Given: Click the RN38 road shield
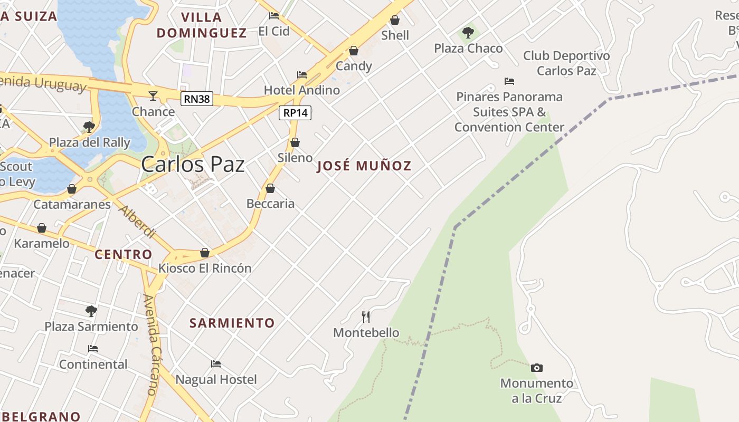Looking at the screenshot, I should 196,99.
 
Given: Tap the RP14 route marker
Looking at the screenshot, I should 295,112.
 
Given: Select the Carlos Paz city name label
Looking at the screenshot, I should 193,165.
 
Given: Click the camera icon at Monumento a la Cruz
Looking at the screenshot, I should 536,368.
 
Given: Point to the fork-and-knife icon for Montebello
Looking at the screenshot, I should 365,316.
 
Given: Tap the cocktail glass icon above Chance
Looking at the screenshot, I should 153,95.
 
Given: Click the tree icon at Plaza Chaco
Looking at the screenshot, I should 468,33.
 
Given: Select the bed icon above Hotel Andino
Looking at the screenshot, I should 302,74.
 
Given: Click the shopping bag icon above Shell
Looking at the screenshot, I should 395,20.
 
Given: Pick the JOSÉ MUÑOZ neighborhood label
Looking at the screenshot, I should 364,166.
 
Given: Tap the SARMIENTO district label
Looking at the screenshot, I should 232,323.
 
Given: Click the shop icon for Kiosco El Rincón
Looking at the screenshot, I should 205,253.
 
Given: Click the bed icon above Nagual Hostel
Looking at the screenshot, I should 216,363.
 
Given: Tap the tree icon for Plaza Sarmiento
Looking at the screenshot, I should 91,311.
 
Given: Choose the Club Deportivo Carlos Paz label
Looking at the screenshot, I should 566,63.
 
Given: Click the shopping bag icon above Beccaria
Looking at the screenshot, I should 270,188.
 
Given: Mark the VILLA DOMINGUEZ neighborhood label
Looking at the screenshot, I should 202,25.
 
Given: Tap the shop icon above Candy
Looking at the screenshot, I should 354,51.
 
